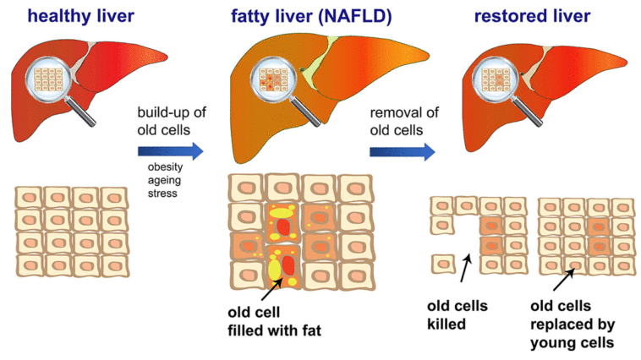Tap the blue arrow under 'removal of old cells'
click(x=402, y=151)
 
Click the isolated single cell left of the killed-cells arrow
click(x=442, y=264)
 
